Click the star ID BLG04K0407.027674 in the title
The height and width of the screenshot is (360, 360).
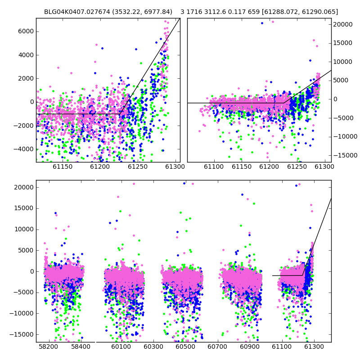(x=77, y=12)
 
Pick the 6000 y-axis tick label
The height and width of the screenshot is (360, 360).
(x=26, y=31)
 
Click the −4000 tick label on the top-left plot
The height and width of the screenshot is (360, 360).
(x=24, y=149)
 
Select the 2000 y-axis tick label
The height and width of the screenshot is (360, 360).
(x=26, y=78)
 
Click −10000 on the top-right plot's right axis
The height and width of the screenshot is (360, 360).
(x=344, y=137)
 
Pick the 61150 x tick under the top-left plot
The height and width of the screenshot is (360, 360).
(x=63, y=166)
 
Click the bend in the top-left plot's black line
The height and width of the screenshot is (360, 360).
(x=120, y=114)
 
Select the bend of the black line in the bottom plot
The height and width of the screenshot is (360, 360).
(x=302, y=275)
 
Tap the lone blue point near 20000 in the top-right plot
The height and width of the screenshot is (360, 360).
(x=262, y=23)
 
